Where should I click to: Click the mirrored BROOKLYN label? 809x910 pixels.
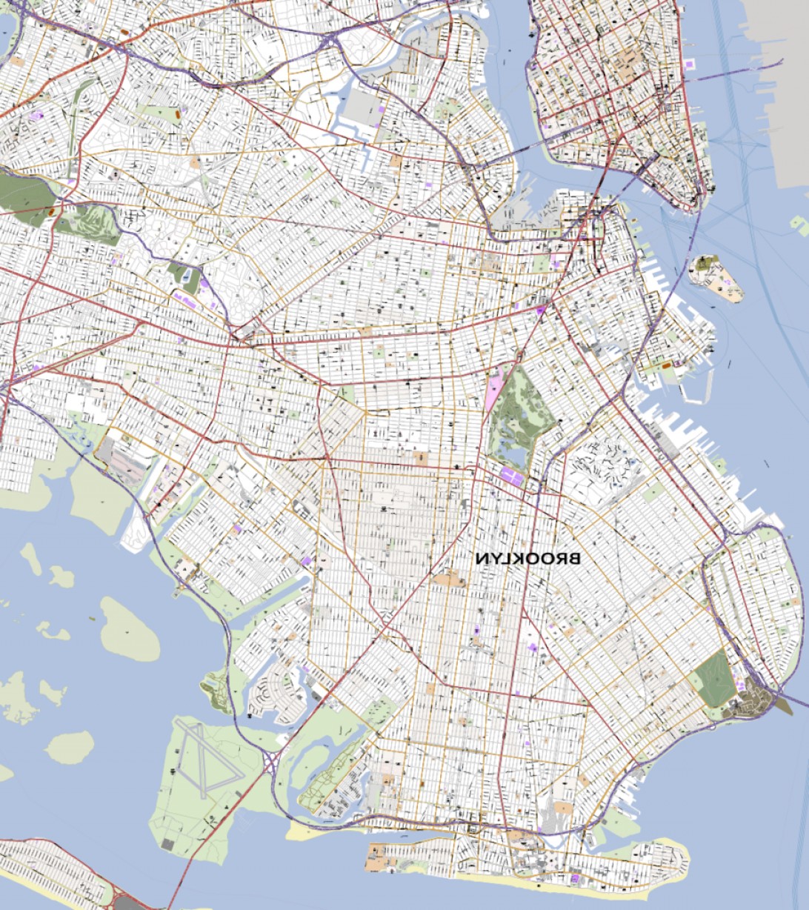tap(527, 558)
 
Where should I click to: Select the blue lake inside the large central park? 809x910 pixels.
tap(511, 447)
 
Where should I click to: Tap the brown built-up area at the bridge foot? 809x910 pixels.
tap(756, 703)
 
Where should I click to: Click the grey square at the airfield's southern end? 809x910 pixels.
tap(167, 845)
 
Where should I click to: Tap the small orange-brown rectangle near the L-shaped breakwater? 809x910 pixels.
tap(665, 365)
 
